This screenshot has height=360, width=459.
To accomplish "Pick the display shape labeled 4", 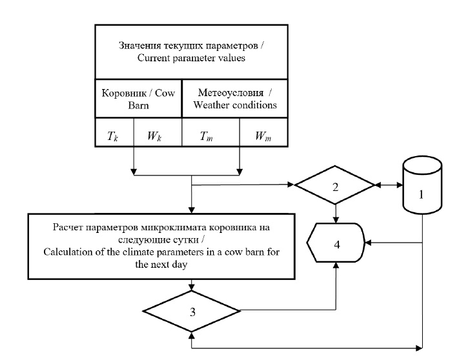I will point(335,243).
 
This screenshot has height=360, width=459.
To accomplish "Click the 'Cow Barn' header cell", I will point(138,99).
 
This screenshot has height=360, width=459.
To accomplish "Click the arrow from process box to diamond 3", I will point(192,285).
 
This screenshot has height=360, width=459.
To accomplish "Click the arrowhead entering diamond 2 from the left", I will point(290,186).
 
